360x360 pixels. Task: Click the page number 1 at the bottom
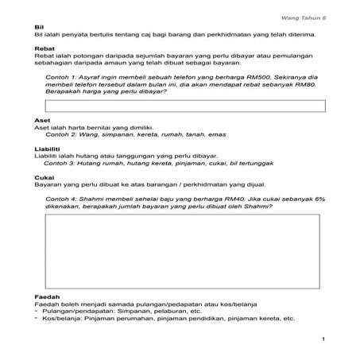coord(325,341)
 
